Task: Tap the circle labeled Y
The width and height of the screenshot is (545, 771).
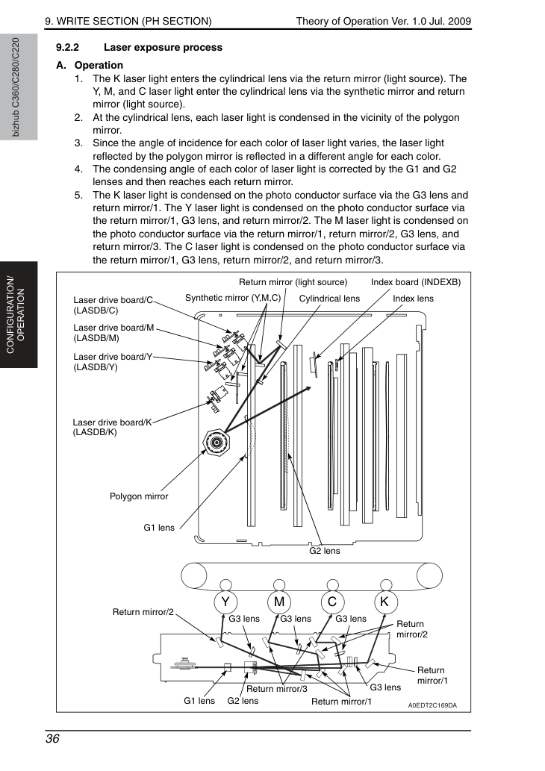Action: click(x=225, y=602)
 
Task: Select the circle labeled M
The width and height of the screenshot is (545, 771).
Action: click(x=279, y=602)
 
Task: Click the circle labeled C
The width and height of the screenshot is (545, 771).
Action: click(x=332, y=602)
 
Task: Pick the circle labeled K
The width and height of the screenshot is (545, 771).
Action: click(x=385, y=602)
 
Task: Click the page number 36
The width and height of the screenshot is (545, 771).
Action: click(x=52, y=739)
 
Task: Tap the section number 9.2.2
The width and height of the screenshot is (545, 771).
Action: click(x=67, y=48)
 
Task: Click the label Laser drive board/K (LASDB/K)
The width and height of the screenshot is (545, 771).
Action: click(x=112, y=427)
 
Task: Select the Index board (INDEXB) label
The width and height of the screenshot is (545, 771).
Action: click(x=416, y=282)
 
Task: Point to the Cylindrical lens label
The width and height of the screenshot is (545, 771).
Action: click(x=329, y=299)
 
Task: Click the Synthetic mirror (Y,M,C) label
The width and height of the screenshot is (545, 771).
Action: click(x=233, y=298)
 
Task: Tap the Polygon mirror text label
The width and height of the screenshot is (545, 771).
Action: click(x=139, y=496)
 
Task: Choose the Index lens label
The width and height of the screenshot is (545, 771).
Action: click(x=413, y=299)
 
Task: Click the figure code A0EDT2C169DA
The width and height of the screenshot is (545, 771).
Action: click(x=432, y=705)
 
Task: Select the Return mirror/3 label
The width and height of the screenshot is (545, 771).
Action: click(x=277, y=689)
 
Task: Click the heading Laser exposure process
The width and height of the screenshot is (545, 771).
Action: click(x=163, y=48)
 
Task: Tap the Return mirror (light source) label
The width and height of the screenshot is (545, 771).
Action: click(x=293, y=282)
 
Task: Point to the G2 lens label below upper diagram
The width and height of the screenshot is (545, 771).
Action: click(x=325, y=551)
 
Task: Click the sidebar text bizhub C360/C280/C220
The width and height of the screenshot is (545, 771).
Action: click(x=16, y=87)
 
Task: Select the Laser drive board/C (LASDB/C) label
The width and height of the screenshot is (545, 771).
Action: click(x=113, y=305)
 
